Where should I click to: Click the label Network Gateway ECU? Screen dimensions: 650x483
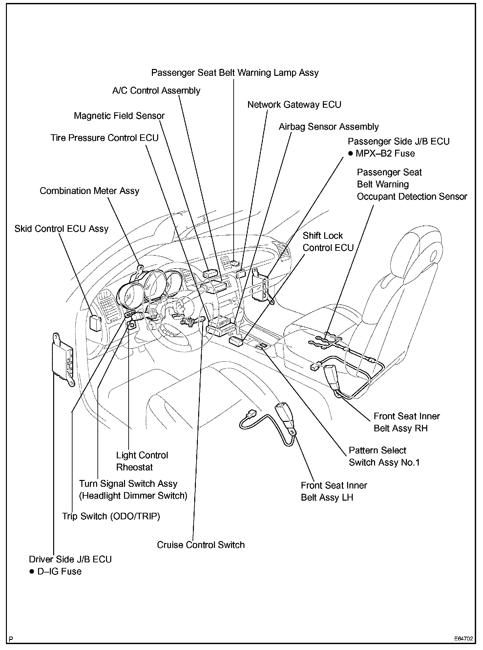pyautogui.click(x=294, y=105)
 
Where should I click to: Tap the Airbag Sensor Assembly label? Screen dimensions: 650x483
pyautogui.click(x=328, y=127)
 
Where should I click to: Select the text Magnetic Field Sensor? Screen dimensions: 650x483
pyautogui.click(x=119, y=116)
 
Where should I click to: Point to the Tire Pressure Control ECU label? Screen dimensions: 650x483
pyautogui.click(x=104, y=138)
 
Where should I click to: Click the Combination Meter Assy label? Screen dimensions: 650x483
pyautogui.click(x=89, y=191)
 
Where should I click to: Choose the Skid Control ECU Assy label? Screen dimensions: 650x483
pyautogui.click(x=61, y=229)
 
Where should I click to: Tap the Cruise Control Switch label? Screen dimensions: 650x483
pyautogui.click(x=201, y=545)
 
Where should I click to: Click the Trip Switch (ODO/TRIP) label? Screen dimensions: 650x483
pyautogui.click(x=111, y=516)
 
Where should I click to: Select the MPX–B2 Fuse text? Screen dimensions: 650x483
pyautogui.click(x=385, y=154)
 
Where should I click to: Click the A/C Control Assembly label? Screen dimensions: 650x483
pyautogui.click(x=156, y=91)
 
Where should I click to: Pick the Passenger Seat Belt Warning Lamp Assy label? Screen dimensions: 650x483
pyautogui.click(x=235, y=73)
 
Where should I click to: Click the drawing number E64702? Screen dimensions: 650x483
pyautogui.click(x=464, y=639)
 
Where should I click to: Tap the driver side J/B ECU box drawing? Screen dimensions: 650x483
pyautogui.click(x=63, y=359)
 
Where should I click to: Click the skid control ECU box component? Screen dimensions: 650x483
pyautogui.click(x=95, y=323)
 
